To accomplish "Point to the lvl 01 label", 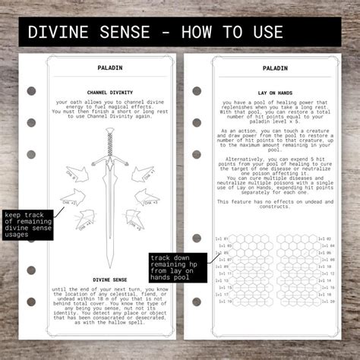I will [220, 239].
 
